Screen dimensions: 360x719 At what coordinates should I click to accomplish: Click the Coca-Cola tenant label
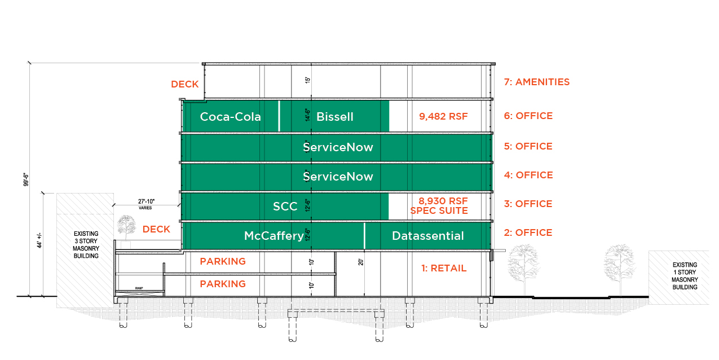230,117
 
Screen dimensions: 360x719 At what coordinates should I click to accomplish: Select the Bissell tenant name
335,117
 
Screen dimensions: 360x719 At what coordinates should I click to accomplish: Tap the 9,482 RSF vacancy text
443,116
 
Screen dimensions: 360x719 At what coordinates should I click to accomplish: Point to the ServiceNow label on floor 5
338,147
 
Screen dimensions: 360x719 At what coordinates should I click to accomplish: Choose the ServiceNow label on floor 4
338,177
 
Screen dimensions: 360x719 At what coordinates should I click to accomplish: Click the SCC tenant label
285,207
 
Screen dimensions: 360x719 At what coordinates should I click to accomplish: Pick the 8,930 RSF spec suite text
443,205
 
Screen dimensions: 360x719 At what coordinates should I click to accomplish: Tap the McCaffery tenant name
274,236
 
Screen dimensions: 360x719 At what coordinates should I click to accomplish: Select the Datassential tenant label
427,236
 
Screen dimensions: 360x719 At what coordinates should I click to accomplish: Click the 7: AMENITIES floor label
536,82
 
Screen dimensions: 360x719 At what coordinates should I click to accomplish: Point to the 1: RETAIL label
444,268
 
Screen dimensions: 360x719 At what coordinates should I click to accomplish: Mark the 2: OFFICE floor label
528,232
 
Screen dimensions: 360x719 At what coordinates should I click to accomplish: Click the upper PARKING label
223,261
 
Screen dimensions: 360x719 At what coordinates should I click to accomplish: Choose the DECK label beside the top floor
184,84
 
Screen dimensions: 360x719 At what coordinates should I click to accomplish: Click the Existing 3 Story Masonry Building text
86,244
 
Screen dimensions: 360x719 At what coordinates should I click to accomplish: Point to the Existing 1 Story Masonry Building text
684,275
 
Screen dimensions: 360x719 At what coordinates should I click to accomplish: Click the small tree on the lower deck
127,228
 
